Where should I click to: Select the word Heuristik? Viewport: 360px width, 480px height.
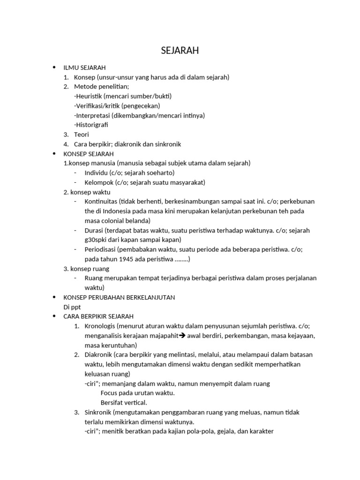click(89, 96)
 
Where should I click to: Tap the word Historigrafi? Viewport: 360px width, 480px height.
click(92, 125)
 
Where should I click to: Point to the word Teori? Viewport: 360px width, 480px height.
click(82, 135)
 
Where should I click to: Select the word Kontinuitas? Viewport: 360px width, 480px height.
click(101, 202)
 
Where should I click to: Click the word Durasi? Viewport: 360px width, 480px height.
click(94, 230)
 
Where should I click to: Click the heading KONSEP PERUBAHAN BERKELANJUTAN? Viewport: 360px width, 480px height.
click(119, 297)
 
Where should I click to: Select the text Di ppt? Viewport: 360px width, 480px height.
click(72, 307)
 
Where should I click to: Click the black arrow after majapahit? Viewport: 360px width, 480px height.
click(183, 336)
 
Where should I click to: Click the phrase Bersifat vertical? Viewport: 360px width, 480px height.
click(124, 403)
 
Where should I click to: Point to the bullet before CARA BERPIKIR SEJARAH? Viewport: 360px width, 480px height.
click(55, 316)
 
